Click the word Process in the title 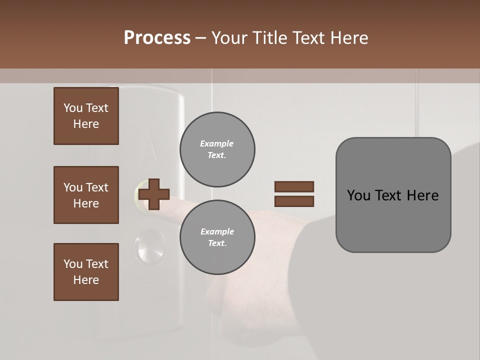tap(157, 37)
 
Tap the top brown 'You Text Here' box tap(86, 116)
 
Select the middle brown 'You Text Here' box tap(86, 195)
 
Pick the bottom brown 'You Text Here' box tap(86, 272)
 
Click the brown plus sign tap(154, 194)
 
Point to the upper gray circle tap(217, 149)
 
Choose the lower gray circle tap(217, 237)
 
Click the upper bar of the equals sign tap(294, 187)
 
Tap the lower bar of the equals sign tap(294, 201)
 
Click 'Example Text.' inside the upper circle tap(217, 149)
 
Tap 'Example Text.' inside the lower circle tap(217, 237)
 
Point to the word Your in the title tap(228, 38)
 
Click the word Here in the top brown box tap(86, 124)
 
